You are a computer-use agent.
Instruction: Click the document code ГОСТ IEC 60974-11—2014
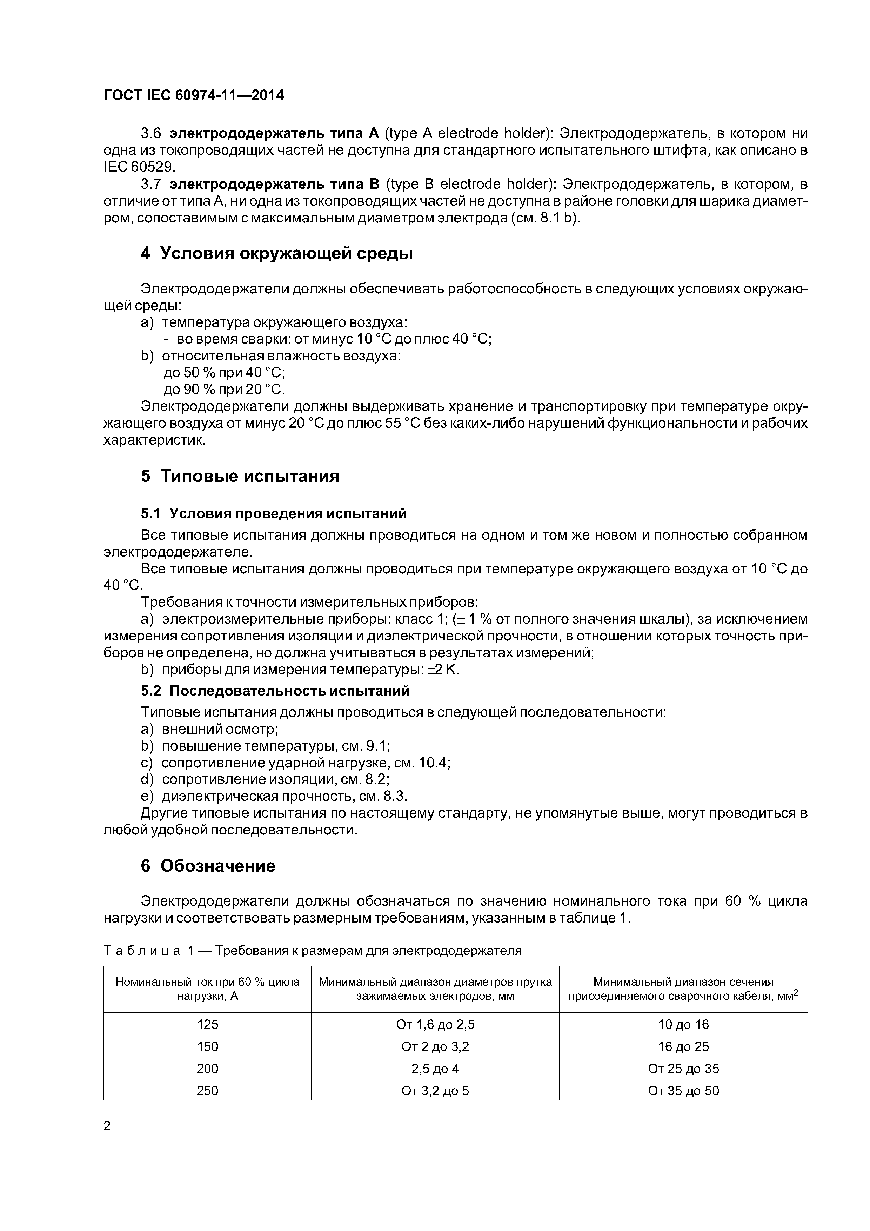point(194,95)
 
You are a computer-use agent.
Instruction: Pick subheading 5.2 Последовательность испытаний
point(275,691)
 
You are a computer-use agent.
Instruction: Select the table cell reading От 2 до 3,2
point(435,1046)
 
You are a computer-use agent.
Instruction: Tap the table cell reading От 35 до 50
point(683,1091)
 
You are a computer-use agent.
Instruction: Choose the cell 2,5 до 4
point(435,1069)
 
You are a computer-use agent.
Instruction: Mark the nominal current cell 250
point(207,1091)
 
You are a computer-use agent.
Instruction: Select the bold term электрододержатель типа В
point(274,185)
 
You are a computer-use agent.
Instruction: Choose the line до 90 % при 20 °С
point(224,389)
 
